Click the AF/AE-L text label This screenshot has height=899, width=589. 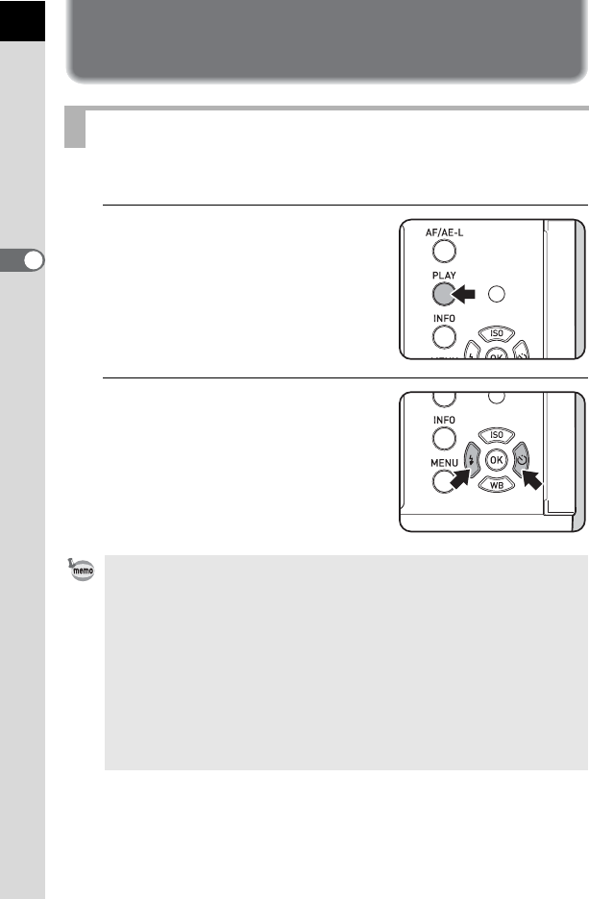tap(444, 232)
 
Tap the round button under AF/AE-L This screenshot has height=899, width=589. tap(444, 251)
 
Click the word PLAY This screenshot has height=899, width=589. tap(444, 276)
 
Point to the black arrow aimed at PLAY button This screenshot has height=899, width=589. tap(463, 295)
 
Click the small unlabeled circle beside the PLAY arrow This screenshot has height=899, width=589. tap(496, 294)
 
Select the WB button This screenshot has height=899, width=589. tap(496, 485)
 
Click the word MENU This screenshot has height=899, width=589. tap(445, 463)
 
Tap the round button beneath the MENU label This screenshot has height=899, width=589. tap(443, 481)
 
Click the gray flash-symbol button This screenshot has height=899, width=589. tap(472, 460)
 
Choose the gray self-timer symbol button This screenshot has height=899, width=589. tap(521, 460)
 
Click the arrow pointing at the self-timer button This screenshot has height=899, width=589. tap(531, 479)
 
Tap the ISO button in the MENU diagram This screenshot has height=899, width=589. tap(496, 435)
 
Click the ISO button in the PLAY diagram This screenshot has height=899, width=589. tap(496, 333)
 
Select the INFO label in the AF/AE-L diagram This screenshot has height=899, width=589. tap(444, 318)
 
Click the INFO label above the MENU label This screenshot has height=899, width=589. tap(444, 421)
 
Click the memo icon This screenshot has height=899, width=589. tap(82, 570)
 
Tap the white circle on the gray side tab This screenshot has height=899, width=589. tap(34, 261)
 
